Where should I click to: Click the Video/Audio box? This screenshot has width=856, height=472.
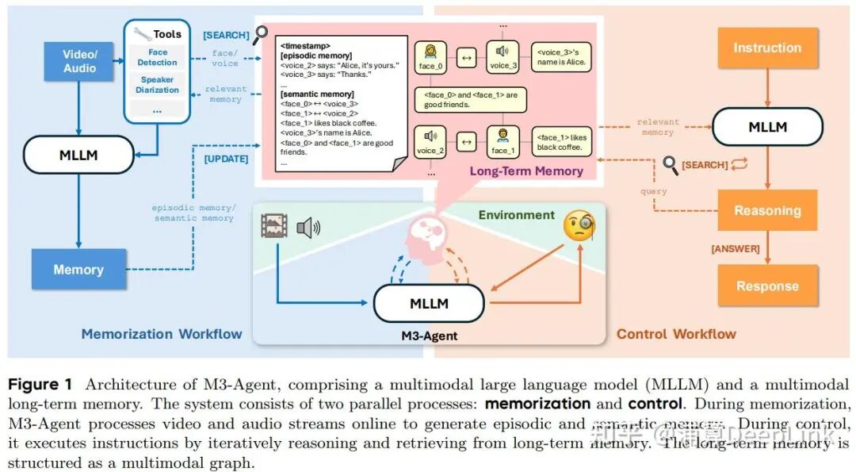79,61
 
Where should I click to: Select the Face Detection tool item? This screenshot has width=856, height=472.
157,57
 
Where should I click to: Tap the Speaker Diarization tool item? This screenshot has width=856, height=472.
157,85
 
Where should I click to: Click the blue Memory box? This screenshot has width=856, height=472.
78,270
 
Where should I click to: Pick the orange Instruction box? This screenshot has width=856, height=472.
766,48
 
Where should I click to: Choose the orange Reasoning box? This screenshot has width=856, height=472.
766,211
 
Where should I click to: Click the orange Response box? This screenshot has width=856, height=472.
766,286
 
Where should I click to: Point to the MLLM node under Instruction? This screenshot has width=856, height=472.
766,126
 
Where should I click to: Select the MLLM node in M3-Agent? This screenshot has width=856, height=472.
429,303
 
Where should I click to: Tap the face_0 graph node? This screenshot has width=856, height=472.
427,56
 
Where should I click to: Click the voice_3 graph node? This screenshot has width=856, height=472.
502,56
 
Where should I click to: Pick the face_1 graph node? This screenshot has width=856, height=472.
503,140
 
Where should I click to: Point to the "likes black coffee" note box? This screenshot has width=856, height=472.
562,142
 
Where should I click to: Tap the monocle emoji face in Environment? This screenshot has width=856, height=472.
579,228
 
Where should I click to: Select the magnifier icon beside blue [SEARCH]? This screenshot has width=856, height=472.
261,34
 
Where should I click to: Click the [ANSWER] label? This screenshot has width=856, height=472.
735,249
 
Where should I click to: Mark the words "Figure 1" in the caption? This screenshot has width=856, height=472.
40,385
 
